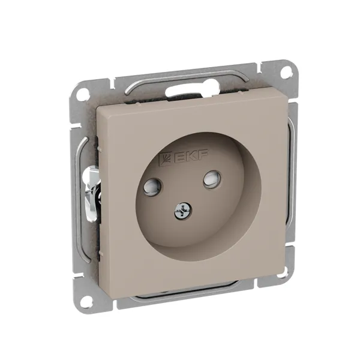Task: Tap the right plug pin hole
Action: click(x=212, y=178)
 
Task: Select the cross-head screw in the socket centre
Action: click(x=183, y=211)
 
